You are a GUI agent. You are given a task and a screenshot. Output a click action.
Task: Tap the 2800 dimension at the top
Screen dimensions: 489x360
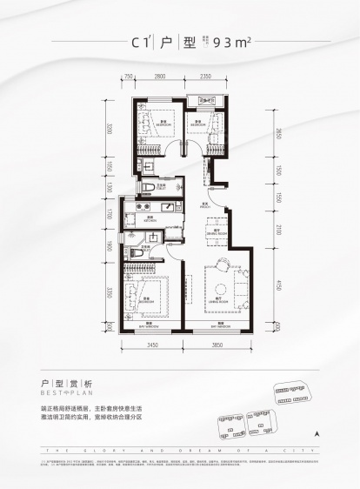pyautogui.click(x=160, y=77)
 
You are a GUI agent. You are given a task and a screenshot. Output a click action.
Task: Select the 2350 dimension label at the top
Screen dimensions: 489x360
pyautogui.click(x=206, y=77)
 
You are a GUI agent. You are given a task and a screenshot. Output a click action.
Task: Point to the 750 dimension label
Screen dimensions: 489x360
pyautogui.click(x=128, y=77)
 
